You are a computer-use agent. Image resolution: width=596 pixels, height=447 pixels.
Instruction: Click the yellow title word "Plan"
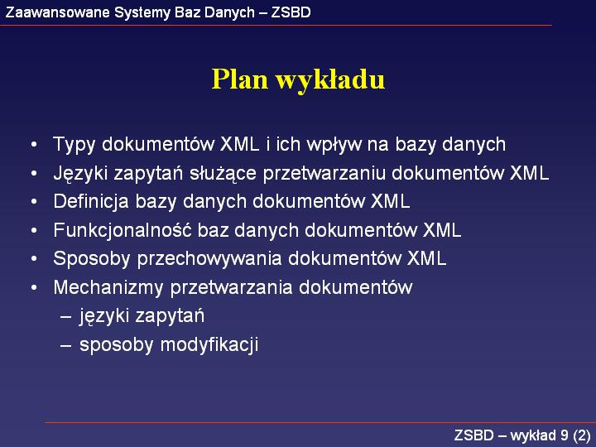(x=239, y=79)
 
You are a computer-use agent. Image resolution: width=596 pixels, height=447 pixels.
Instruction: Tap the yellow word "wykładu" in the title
(x=330, y=80)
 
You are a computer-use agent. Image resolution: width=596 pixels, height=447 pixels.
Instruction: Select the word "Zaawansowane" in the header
(x=58, y=12)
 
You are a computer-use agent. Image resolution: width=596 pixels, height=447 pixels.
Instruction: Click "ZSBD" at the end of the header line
(x=291, y=12)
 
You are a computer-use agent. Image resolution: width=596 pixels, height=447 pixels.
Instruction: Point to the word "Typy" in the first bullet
(x=74, y=145)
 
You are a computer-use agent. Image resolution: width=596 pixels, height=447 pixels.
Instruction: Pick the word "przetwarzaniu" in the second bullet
(x=324, y=174)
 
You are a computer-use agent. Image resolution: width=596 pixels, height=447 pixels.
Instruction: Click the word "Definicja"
(x=91, y=201)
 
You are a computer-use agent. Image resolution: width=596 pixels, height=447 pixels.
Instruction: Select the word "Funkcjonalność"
(x=123, y=230)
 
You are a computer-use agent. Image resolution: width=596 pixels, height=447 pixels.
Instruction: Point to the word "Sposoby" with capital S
(x=92, y=259)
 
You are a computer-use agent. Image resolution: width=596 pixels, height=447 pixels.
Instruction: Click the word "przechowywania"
(x=209, y=259)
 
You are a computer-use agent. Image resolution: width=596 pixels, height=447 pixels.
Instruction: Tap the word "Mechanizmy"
(x=108, y=288)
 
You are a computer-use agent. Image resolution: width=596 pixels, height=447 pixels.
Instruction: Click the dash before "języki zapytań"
(x=65, y=316)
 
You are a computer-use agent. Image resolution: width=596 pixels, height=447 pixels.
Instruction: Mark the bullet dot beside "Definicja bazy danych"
(x=34, y=202)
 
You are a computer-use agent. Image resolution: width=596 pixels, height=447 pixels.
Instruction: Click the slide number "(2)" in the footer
(x=582, y=435)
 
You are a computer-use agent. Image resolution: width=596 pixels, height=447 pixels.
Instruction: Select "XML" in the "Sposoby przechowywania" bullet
(x=427, y=258)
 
